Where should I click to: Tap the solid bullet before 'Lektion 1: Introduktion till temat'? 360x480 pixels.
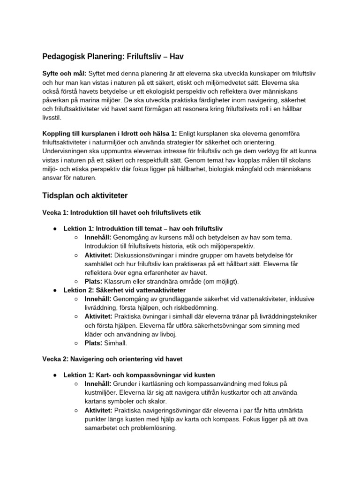(x=55, y=229)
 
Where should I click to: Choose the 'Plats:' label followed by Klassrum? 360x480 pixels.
(x=93, y=281)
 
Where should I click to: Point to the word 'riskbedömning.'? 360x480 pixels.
(x=193, y=307)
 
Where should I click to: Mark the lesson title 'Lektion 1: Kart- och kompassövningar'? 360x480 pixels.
(x=139, y=375)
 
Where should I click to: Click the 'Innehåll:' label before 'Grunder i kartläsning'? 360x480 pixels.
(x=98, y=384)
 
